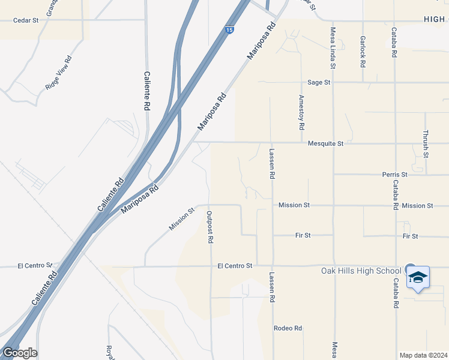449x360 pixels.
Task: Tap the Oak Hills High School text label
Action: (362, 271)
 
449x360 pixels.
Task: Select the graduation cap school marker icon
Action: (418, 278)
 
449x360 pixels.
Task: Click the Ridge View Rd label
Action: (58, 73)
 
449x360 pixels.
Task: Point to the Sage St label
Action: (319, 82)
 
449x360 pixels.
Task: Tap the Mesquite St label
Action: (325, 143)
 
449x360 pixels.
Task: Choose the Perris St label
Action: (394, 175)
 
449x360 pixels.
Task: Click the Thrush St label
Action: (426, 144)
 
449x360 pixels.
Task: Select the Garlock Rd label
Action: (363, 50)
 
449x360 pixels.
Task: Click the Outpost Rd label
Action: (210, 227)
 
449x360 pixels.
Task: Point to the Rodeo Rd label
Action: (288, 328)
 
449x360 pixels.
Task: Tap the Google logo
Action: (19, 353)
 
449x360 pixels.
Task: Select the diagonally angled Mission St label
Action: (182, 219)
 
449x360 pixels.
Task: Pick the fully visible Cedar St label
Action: (26, 20)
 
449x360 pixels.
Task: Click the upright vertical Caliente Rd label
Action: (146, 91)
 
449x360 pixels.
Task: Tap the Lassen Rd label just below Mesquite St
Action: (272, 164)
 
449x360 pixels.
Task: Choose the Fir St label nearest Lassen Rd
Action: (302, 236)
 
